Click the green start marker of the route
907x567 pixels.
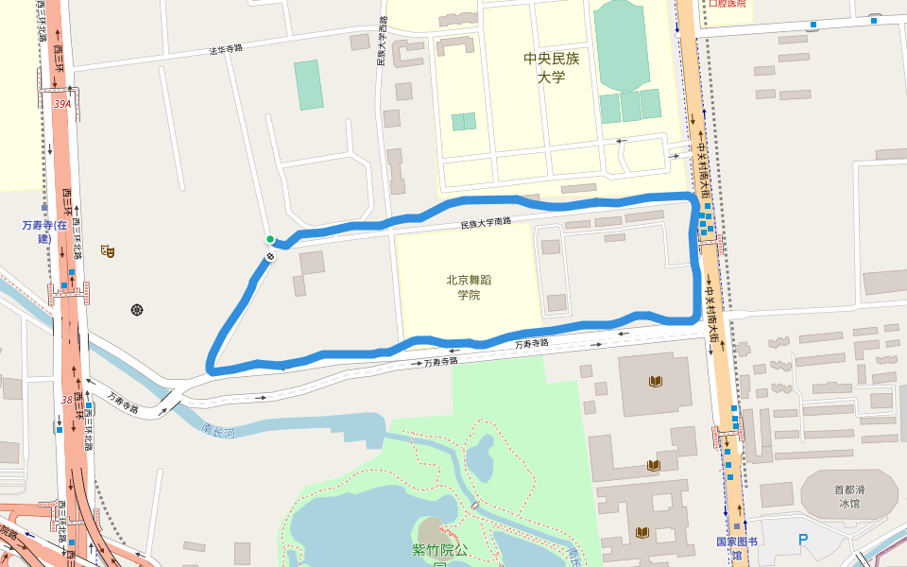270,239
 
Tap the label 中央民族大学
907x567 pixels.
551,68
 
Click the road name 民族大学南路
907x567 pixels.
486,224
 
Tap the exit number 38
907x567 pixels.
67,400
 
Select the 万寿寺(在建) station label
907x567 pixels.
44,232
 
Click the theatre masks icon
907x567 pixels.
108,251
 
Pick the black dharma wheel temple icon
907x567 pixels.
138,309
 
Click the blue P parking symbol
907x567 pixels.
803,541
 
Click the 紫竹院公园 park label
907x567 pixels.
440,554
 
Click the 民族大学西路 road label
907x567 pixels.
382,43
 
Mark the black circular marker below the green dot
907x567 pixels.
270,255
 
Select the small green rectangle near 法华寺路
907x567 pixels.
308,85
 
